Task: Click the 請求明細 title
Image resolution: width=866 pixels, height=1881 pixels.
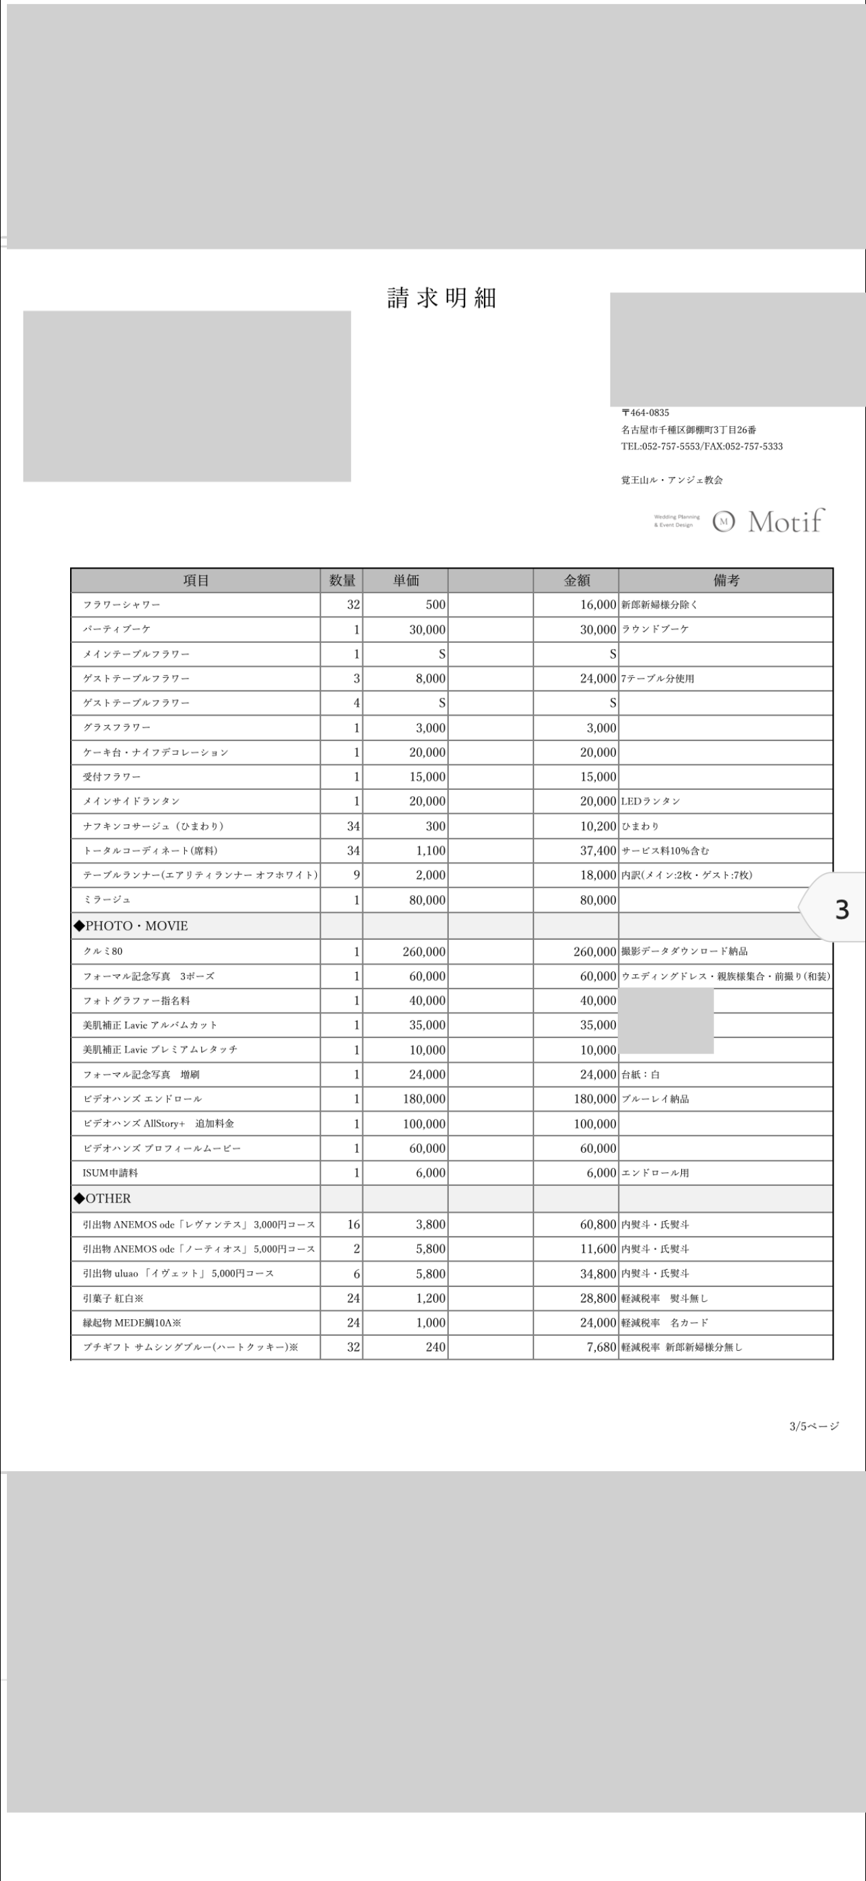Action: tap(441, 298)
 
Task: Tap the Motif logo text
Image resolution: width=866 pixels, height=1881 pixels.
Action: tap(785, 521)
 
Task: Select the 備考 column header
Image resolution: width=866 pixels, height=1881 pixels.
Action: tap(726, 580)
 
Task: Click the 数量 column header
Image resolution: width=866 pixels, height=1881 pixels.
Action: tap(342, 580)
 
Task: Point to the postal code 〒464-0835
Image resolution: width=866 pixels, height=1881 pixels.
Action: tap(645, 412)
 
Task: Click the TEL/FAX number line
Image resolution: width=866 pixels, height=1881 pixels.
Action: tap(702, 446)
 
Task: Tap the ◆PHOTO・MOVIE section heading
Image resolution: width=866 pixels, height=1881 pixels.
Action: tap(131, 926)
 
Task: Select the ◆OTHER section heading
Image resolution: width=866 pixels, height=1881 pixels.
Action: tap(103, 1198)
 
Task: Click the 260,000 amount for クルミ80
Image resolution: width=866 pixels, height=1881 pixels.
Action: tap(595, 951)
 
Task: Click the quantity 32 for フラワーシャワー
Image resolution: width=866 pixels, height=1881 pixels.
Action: tap(353, 604)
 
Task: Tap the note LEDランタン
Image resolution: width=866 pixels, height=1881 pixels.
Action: tap(651, 801)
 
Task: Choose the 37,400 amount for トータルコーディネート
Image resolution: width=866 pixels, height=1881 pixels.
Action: tap(598, 850)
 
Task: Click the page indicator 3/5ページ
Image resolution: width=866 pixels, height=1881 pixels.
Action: tap(814, 1426)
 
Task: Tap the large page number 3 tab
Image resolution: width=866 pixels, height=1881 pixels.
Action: tap(841, 910)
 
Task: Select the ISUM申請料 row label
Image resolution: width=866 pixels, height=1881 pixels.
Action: tap(110, 1173)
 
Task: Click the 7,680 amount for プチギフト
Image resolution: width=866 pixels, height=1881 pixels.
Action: tap(601, 1347)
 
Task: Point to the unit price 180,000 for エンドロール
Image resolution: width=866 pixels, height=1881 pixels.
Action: tap(424, 1099)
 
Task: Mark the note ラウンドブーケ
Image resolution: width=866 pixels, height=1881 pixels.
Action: tap(655, 628)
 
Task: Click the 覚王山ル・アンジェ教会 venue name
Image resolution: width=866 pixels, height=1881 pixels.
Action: tap(671, 480)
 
